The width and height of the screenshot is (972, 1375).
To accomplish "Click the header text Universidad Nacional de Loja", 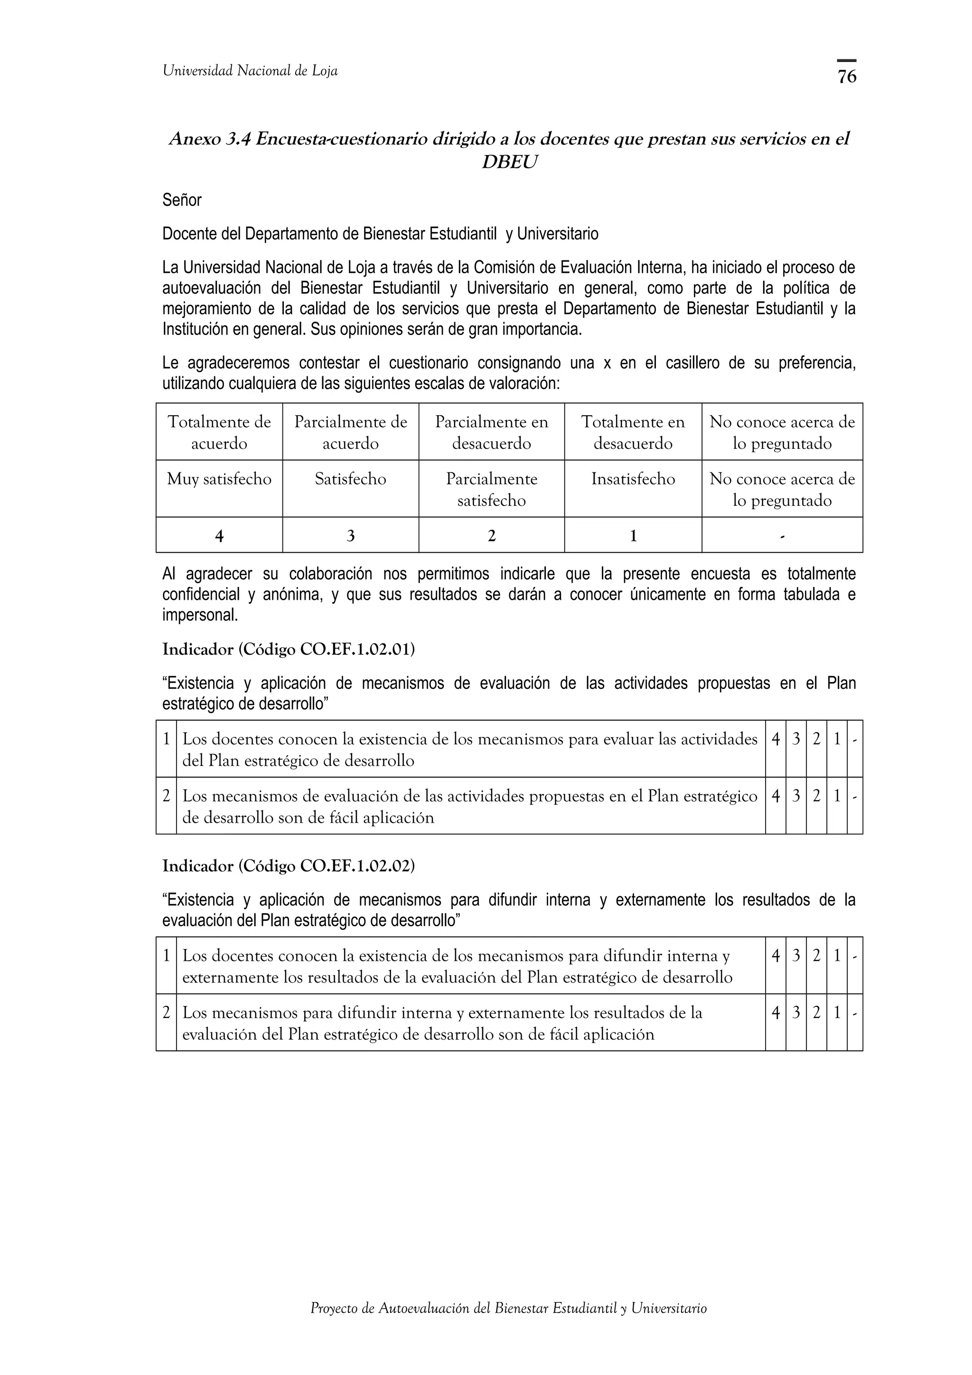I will [x=250, y=71].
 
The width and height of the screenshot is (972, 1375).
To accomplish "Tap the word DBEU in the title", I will [x=509, y=162].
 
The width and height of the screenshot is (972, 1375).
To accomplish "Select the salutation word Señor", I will [x=181, y=200].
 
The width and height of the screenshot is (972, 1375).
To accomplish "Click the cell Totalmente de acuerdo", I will [x=219, y=432].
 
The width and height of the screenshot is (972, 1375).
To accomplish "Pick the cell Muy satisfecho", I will [x=219, y=479].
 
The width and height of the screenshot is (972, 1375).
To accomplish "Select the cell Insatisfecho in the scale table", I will [x=633, y=479].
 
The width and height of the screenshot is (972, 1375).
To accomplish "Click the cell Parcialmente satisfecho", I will [x=491, y=489].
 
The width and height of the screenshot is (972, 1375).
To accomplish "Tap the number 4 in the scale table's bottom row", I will [x=219, y=536].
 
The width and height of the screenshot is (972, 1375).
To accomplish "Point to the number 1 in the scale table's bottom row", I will [x=633, y=536].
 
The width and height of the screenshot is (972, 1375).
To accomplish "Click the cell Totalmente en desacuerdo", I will [x=633, y=432].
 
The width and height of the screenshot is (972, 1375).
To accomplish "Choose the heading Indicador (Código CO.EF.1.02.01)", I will [x=289, y=649].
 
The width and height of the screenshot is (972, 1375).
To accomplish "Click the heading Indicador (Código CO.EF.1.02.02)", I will [x=289, y=866].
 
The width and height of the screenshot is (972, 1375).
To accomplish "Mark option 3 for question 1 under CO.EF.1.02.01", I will [x=796, y=740].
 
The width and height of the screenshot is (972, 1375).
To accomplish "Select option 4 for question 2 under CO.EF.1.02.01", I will [x=776, y=797].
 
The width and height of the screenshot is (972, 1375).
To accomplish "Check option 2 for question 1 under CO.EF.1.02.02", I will [x=816, y=957].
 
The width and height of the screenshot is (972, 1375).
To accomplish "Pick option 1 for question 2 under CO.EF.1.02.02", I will [x=837, y=1013].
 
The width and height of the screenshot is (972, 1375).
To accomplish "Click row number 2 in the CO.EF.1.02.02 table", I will [x=166, y=1013].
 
